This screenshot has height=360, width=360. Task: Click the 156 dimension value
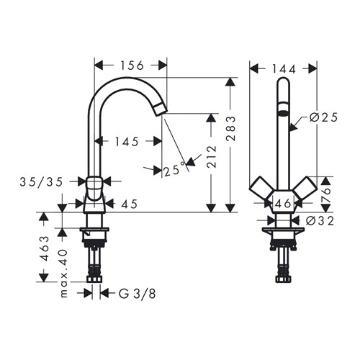point(132,66)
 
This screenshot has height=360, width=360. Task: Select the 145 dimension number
point(127,142)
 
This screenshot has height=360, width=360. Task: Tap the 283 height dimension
point(231,128)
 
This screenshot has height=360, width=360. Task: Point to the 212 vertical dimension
point(212,156)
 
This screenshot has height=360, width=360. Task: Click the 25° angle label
point(174,170)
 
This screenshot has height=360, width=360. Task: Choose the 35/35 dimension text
point(41,182)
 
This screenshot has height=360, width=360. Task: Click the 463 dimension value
point(44,248)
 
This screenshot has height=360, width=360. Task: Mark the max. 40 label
point(63,274)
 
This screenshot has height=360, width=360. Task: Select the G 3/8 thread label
point(138,293)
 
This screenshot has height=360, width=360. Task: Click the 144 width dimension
point(284,69)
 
